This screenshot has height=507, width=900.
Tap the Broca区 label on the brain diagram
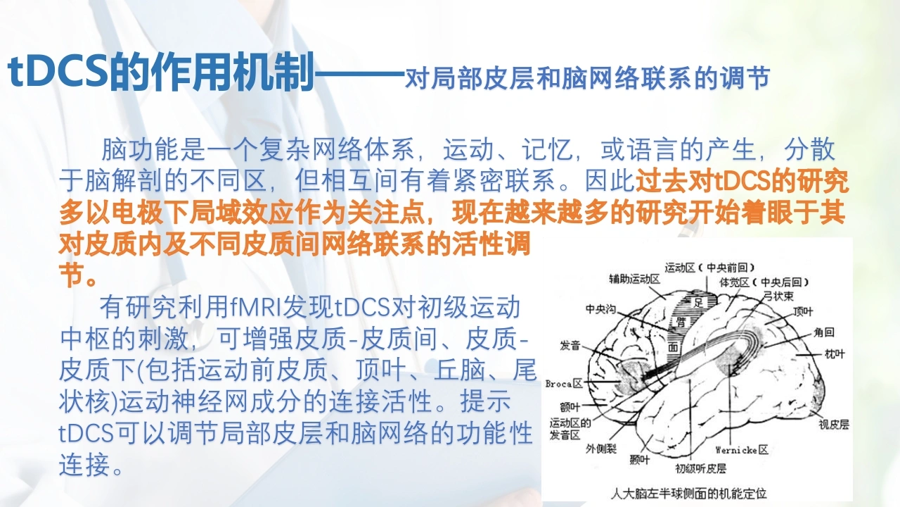click(564, 384)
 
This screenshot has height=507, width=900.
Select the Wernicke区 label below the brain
click(742, 449)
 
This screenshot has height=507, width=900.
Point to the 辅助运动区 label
click(635, 279)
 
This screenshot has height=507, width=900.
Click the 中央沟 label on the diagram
click(600, 309)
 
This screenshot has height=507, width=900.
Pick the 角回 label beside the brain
click(824, 332)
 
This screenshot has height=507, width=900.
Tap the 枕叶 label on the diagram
click(835, 353)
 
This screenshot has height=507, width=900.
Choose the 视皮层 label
click(834, 425)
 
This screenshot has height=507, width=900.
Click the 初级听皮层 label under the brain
click(701, 468)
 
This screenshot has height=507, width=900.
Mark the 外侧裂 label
click(600, 449)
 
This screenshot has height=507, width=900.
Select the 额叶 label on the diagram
click(570, 407)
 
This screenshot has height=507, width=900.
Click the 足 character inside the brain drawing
click(698, 303)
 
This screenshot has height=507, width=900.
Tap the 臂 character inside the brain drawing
click(680, 322)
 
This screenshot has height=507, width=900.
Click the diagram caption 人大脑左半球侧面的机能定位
click(688, 494)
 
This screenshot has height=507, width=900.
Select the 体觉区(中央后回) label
click(764, 282)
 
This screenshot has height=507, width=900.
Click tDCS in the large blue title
click(58, 73)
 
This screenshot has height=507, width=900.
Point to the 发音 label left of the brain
click(570, 345)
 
